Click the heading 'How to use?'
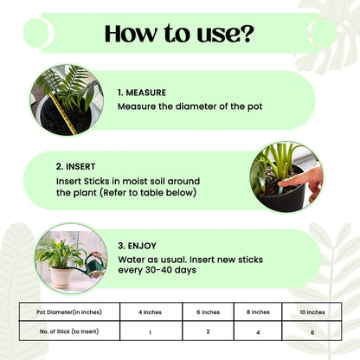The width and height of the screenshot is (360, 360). click(179, 35)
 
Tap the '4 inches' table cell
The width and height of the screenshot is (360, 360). click(151, 312)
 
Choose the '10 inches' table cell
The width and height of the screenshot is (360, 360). click(312, 312)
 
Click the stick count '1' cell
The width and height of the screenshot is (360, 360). click(151, 331)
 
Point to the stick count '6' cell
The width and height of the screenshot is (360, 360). click(312, 331)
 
